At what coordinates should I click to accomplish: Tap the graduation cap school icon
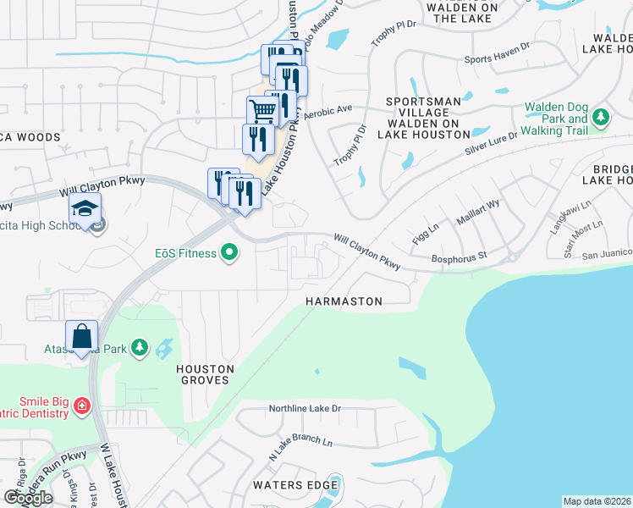[x=85, y=208]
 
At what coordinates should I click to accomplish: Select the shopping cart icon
[x=262, y=110]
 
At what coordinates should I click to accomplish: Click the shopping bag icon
[x=82, y=336]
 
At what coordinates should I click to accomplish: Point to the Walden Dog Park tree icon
[x=601, y=116]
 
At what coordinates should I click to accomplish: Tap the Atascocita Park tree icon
[x=140, y=348]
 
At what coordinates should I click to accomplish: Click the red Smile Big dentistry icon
[x=81, y=406]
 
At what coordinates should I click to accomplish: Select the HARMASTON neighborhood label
[x=344, y=301]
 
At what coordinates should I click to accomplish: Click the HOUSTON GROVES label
[x=203, y=374]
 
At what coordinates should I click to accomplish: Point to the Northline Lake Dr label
[x=305, y=409]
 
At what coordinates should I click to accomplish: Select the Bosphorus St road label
[x=460, y=255]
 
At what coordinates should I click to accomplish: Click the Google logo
[x=28, y=498]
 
